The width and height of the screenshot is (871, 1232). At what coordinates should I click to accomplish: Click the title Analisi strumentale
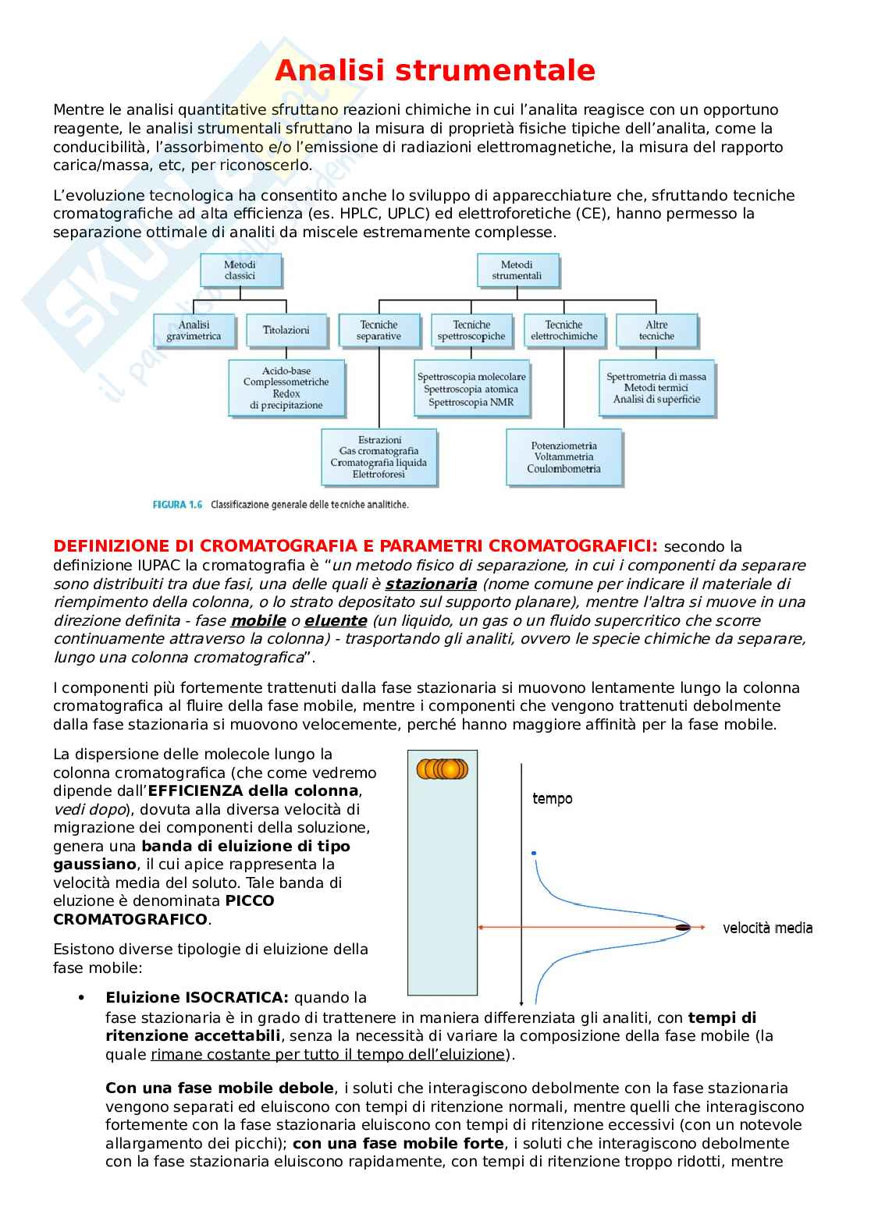click(x=435, y=71)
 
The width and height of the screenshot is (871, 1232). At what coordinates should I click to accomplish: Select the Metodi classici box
click(x=240, y=270)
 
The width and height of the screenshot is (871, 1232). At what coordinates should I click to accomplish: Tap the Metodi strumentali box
click(x=516, y=270)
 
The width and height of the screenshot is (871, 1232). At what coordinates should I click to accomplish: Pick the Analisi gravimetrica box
click(x=194, y=330)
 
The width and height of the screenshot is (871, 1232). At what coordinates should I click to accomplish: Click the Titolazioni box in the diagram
click(x=286, y=330)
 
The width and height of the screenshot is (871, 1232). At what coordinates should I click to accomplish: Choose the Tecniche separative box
click(x=379, y=330)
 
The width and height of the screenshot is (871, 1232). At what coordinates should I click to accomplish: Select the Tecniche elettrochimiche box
click(x=563, y=330)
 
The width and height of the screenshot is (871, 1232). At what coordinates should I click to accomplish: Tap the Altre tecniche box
click(x=656, y=330)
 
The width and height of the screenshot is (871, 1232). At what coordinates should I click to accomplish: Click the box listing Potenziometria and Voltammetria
click(x=563, y=456)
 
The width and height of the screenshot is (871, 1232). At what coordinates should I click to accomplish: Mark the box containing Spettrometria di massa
click(x=656, y=388)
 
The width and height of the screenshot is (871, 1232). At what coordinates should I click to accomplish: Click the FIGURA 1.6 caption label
click(x=177, y=505)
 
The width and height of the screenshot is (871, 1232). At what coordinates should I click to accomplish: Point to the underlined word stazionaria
click(x=431, y=584)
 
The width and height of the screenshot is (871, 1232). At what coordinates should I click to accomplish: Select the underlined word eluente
click(x=336, y=620)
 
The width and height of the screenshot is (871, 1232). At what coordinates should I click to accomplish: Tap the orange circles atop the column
click(x=442, y=769)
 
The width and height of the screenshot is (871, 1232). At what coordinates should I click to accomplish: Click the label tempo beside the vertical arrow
click(x=552, y=798)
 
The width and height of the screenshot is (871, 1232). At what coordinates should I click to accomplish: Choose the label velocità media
click(x=767, y=928)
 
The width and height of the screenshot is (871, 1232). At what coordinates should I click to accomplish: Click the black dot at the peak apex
click(x=683, y=927)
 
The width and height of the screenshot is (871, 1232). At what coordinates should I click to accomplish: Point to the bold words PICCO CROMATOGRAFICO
click(x=164, y=910)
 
